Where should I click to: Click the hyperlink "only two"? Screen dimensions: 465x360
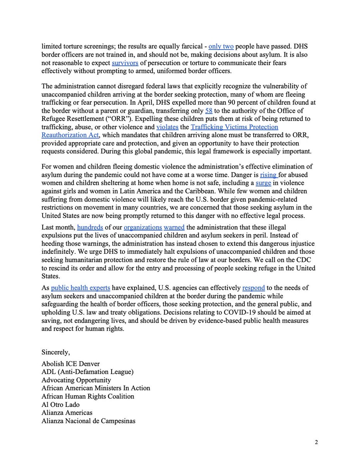click(x=221, y=46)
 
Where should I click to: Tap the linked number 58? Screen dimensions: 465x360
click(x=209, y=111)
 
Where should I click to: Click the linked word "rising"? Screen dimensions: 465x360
click(x=268, y=175)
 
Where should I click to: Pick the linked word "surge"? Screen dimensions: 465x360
click(x=263, y=183)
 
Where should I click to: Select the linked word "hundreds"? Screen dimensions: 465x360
click(x=89, y=227)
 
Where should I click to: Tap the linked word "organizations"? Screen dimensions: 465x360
click(x=132, y=227)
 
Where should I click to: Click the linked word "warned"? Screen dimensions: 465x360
click(x=174, y=227)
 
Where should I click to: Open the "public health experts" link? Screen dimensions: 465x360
click(x=86, y=288)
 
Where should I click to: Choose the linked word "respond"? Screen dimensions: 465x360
click(x=253, y=288)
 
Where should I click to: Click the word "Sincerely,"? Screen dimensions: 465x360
click(x=57, y=352)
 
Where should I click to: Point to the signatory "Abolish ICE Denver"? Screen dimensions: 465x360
click(x=71, y=364)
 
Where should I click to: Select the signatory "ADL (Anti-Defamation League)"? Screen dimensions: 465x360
click(x=87, y=372)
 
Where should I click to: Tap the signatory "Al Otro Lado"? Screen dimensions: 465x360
click(x=60, y=405)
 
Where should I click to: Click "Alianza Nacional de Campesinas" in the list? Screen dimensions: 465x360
click(x=88, y=421)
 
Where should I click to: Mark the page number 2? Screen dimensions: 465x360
click(x=317, y=443)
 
